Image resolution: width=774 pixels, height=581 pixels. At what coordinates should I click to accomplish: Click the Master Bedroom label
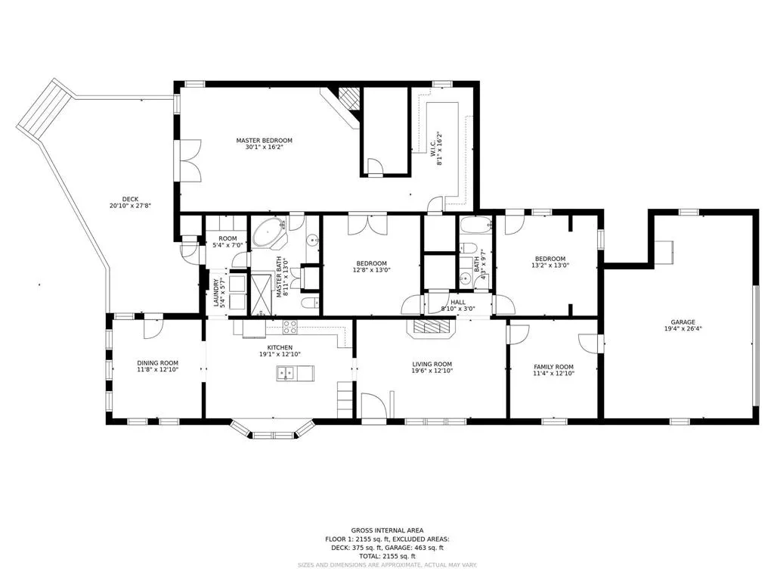click(x=264, y=140)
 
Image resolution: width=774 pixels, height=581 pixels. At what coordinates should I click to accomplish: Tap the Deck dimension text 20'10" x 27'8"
click(x=130, y=206)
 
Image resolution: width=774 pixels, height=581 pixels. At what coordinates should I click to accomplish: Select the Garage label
click(x=683, y=322)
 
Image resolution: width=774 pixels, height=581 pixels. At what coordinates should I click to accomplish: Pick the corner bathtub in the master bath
click(x=269, y=233)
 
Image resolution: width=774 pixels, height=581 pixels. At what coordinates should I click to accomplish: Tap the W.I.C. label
click(x=433, y=145)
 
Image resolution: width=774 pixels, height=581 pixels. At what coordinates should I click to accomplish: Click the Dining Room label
click(x=157, y=363)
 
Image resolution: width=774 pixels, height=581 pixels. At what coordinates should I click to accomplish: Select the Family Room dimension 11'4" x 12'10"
click(x=553, y=374)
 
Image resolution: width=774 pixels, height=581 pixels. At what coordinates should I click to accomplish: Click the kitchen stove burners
click(x=289, y=327)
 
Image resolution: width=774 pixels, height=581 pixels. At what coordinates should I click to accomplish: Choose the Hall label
click(x=457, y=303)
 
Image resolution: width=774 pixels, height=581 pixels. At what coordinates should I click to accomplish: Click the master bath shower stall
click(x=262, y=294)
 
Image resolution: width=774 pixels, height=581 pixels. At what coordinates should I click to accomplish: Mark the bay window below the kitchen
click(x=272, y=430)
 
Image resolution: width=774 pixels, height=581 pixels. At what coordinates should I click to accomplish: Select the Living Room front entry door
click(x=373, y=408)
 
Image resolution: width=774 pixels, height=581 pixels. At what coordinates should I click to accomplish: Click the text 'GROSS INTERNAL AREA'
click(x=387, y=530)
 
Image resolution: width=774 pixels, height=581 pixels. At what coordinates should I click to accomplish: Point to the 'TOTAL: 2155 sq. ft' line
click(x=387, y=556)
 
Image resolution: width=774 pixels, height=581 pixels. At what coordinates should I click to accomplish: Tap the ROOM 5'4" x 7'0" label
click(x=228, y=241)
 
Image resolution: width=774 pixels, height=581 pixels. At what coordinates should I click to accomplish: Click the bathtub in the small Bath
click(x=476, y=225)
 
